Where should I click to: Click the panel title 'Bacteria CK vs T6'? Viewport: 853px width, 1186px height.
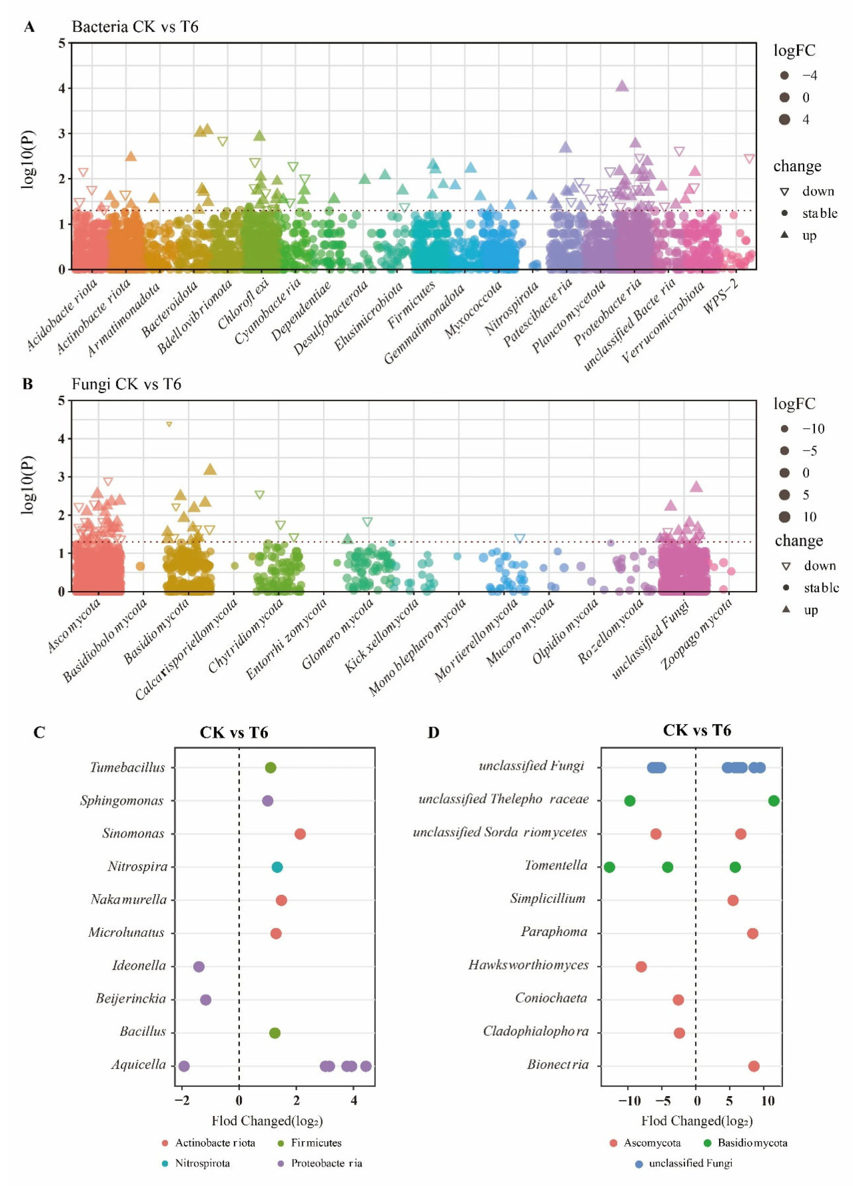(135, 27)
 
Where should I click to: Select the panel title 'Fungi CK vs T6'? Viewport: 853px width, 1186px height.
(126, 384)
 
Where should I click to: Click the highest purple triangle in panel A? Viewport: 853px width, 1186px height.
(622, 86)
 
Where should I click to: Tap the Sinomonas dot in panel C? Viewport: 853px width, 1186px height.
(300, 834)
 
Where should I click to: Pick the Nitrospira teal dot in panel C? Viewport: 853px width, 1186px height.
(277, 867)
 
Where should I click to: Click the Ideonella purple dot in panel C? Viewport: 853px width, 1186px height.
(199, 967)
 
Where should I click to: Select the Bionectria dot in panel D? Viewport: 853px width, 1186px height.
(754, 1066)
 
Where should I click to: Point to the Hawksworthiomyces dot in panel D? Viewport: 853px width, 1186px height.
(641, 967)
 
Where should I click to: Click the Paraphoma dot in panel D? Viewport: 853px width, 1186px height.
(752, 933)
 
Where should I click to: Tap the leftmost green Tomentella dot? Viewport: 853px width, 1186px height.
(609, 867)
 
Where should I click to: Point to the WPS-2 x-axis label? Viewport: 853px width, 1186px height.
(721, 296)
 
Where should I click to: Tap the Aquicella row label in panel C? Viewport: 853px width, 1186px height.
(139, 1065)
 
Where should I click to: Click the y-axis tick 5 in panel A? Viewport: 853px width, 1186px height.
(62, 43)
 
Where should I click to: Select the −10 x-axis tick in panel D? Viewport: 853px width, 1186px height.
(629, 1101)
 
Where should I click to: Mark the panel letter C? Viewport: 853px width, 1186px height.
(39, 733)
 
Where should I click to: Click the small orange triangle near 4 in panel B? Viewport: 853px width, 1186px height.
(169, 424)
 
